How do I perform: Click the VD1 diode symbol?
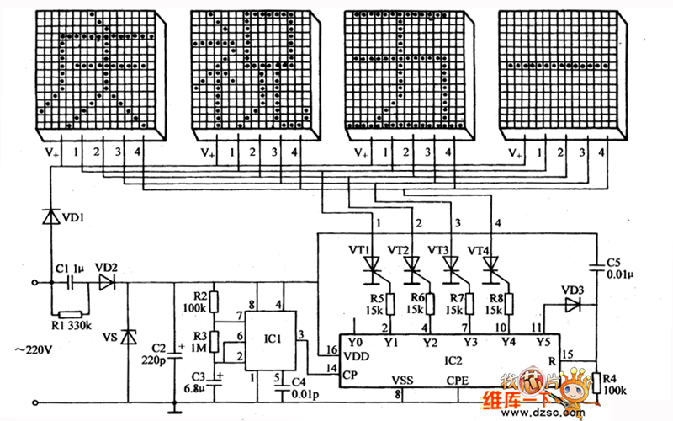tap(51, 216)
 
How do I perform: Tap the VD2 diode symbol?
tap(107, 283)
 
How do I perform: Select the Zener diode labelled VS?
tap(128, 337)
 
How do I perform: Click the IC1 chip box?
tap(270, 341)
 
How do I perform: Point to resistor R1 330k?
tap(71, 314)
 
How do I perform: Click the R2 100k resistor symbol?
tap(214, 302)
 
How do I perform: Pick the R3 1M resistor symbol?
tap(214, 342)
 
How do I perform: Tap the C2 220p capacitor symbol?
tap(174, 355)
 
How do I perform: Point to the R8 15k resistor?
tap(509, 304)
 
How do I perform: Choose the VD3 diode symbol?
tap(573, 305)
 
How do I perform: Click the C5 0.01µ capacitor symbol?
tap(596, 267)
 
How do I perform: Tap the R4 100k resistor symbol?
tap(596, 383)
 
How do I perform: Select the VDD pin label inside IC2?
tap(356, 356)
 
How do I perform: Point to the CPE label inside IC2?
tap(457, 381)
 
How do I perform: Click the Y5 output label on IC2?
tap(543, 342)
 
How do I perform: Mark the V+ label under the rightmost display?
tap(515, 153)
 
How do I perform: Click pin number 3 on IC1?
tap(301, 334)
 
